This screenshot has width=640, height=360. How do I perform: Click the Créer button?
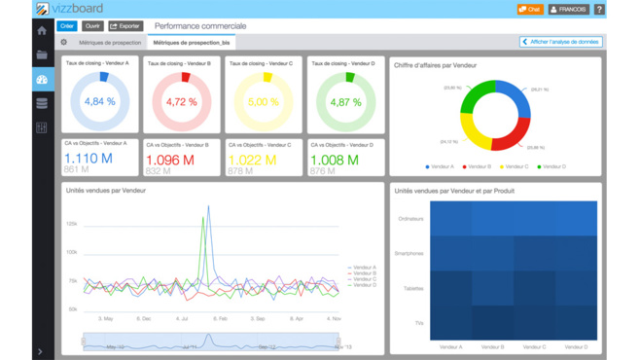point(67,26)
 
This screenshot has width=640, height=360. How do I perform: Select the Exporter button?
point(124,26)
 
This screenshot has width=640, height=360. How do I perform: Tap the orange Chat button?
point(530,10)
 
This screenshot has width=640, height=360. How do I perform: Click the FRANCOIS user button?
point(569,10)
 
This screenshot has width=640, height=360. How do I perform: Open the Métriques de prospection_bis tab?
point(193,43)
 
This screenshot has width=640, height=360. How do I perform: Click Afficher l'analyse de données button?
point(561,43)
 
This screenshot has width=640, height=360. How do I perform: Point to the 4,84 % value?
point(100,102)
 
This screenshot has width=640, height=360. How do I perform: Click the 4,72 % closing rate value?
point(182,102)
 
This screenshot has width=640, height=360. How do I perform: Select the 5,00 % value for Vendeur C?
point(264,102)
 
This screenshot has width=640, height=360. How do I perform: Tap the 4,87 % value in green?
point(345,102)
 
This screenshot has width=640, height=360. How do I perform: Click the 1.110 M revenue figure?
point(89,159)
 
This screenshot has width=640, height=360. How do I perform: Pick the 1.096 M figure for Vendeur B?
point(170,161)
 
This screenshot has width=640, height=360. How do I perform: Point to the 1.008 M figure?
point(334,161)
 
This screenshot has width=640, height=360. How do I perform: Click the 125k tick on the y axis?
point(72,224)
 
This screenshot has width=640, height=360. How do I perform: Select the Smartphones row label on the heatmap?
point(409,253)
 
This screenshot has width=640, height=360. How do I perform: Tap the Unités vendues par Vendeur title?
point(106,191)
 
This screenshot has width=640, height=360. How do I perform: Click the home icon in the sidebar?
point(42,31)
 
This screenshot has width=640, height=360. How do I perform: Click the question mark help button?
point(599,10)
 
